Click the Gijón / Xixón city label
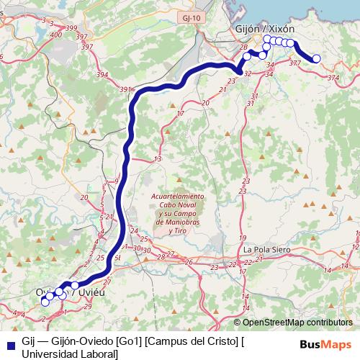click(x=265, y=27)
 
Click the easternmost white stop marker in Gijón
click(x=316, y=58)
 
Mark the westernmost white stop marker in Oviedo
click(x=45, y=301)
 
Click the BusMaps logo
click(x=326, y=343)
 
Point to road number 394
click(x=102, y=74)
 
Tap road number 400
click(x=56, y=33)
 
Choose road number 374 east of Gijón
click(x=332, y=76)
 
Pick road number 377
click(x=294, y=63)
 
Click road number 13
click(x=157, y=158)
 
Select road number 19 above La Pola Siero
click(x=243, y=238)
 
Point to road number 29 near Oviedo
click(x=88, y=307)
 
